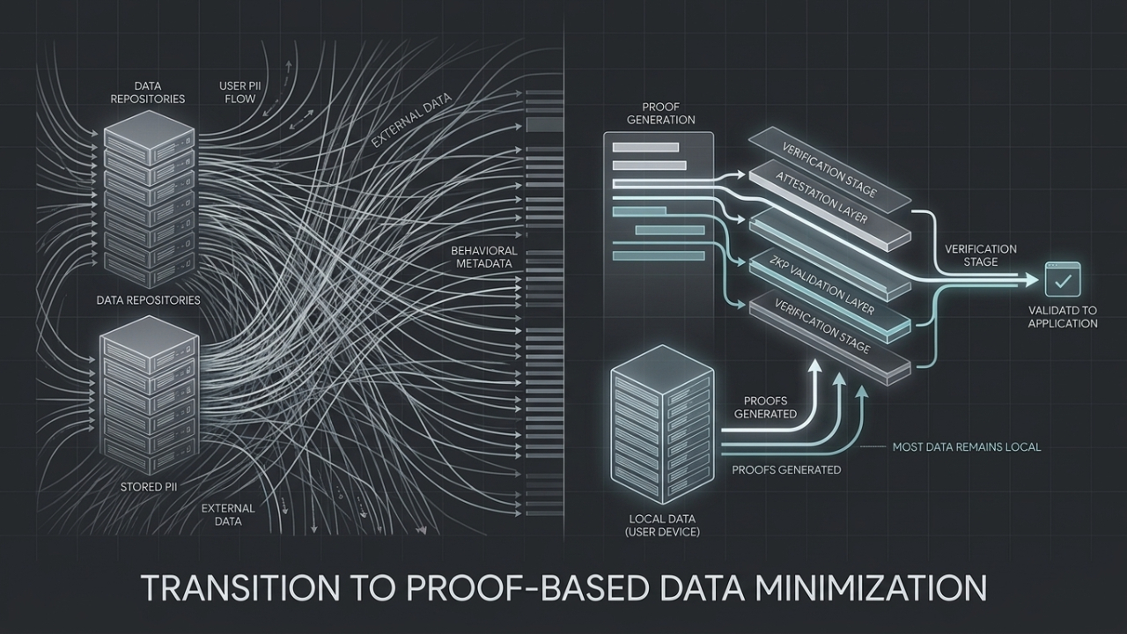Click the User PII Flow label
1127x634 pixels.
pyautogui.click(x=238, y=92)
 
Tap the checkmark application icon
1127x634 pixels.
pyautogui.click(x=1062, y=281)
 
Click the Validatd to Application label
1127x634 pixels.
pyautogui.click(x=1063, y=317)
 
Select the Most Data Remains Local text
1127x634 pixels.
pyautogui.click(x=966, y=447)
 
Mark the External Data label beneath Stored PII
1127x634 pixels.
pyautogui.click(x=228, y=515)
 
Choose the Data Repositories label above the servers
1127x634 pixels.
pyautogui.click(x=147, y=92)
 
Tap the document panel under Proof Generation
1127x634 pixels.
pyautogui.click(x=659, y=203)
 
